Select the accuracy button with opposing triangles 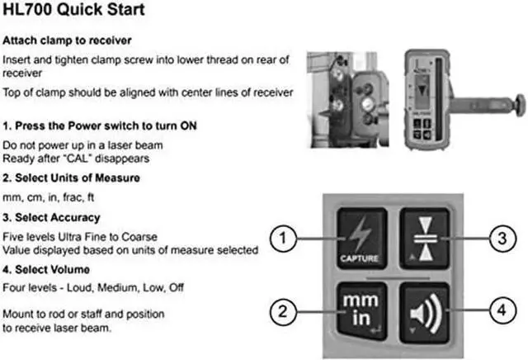pos(424,235)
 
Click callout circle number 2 pos(283,312)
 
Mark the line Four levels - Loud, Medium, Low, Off pos(92,289)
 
